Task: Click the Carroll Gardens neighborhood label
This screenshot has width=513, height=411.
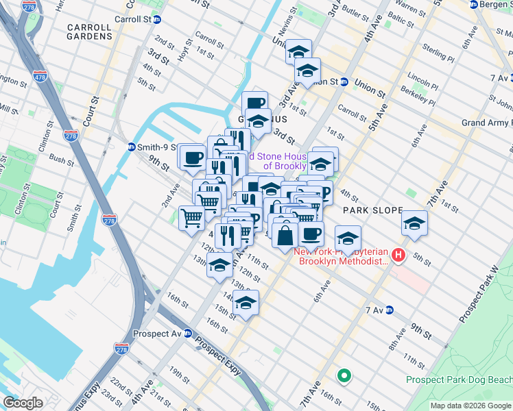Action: tap(89, 32)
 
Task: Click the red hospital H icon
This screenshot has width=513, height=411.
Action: tap(399, 257)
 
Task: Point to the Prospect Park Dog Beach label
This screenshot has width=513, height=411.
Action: tap(459, 379)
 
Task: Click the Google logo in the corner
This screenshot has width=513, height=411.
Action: tap(23, 402)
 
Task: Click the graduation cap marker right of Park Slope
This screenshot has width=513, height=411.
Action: tap(414, 223)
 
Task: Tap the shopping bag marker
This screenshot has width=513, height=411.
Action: tap(285, 235)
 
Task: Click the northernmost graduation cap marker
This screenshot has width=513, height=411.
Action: tap(298, 51)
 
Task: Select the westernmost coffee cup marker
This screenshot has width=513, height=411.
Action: tap(191, 156)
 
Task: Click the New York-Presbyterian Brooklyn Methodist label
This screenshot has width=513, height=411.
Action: tap(341, 257)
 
